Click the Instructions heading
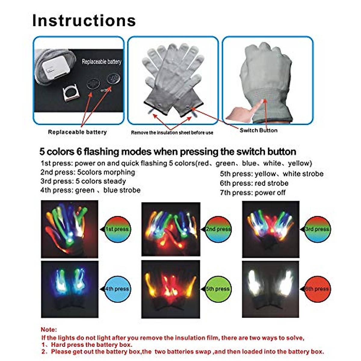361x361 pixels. click(x=84, y=20)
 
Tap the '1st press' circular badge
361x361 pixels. click(x=117, y=229)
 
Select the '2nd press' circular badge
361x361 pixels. click(x=218, y=229)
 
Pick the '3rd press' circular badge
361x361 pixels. click(x=317, y=229)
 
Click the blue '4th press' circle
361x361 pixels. click(x=117, y=289)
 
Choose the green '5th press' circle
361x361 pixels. click(x=218, y=289)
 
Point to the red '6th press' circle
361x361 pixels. click(x=317, y=289)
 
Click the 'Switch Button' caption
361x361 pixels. click(x=258, y=130)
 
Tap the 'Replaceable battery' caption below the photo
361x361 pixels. click(x=77, y=132)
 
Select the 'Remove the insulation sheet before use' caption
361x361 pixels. click(x=172, y=132)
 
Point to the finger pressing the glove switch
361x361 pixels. click(x=247, y=111)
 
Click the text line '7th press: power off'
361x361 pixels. click(x=252, y=193)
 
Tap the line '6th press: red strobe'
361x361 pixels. click(x=254, y=183)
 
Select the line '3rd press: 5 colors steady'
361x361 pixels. click(x=83, y=181)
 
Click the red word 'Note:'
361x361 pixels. click(x=49, y=329)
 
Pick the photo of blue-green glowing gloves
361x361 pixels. click(x=69, y=289)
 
